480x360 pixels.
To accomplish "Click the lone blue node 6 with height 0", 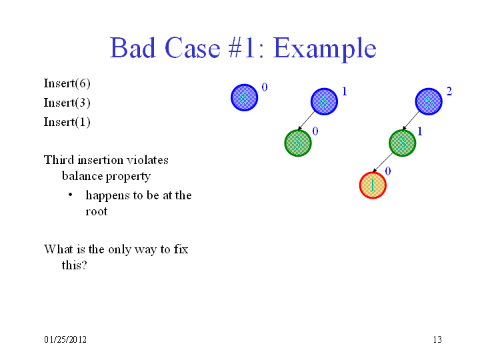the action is pos(244,97).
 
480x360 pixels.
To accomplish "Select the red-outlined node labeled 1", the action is pos(373,185).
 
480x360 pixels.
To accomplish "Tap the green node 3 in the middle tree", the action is pos(298,143).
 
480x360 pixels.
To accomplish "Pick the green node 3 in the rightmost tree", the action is pos(402,143).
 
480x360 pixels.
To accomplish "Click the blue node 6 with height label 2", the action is pos(429,101).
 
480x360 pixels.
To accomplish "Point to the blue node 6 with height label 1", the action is pos(324,101).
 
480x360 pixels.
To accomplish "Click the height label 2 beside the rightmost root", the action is pos(449,91).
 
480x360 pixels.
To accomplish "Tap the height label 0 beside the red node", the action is pos(388,171).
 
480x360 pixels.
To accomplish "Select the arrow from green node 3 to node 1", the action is pos(383,162).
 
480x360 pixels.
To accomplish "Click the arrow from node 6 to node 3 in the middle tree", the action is pos(307,121).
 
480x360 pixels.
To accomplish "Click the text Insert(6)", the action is pos(67,83).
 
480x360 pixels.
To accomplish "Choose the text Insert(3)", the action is pos(67,103).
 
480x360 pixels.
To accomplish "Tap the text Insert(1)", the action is pos(67,122).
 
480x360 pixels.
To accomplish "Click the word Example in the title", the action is pos(325,49).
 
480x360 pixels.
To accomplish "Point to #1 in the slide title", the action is pos(241,48).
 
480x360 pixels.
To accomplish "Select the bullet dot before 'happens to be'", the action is pos(71,195).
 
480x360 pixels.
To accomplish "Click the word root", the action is pos(97,211).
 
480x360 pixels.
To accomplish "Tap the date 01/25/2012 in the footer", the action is pos(65,339).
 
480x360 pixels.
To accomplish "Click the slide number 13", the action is pos(437,339).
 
